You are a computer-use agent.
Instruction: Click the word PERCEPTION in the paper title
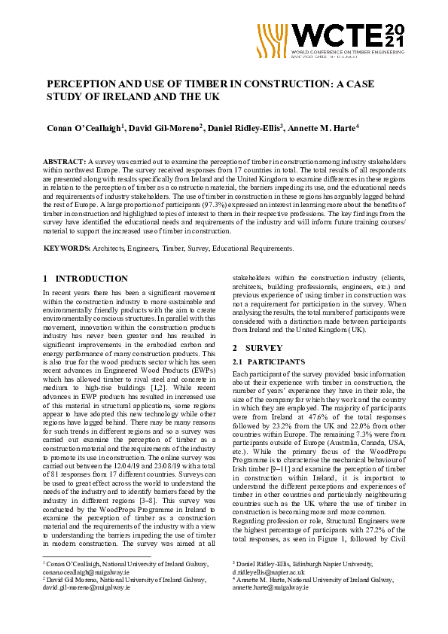click(83, 84)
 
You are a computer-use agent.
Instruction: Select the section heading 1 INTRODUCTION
click(86, 279)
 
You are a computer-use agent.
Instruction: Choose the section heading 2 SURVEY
click(258, 348)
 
